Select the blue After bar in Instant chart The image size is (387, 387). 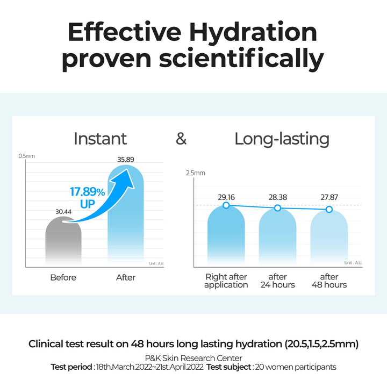click(126, 226)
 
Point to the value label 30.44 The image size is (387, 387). click(63, 212)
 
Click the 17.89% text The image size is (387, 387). click(88, 192)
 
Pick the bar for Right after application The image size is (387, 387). click(226, 236)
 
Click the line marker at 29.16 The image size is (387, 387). click(226, 205)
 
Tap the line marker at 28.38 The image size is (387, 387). click(277, 208)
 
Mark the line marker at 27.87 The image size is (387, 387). click(329, 209)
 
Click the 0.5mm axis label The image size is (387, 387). click(26, 156)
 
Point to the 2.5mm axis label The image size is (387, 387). click(196, 173)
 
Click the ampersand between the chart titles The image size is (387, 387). click(182, 139)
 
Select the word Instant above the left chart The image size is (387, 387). click(100, 139)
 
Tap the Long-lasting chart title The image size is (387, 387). click(282, 139)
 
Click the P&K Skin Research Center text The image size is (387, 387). click(193, 358)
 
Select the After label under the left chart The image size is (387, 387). click(126, 277)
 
